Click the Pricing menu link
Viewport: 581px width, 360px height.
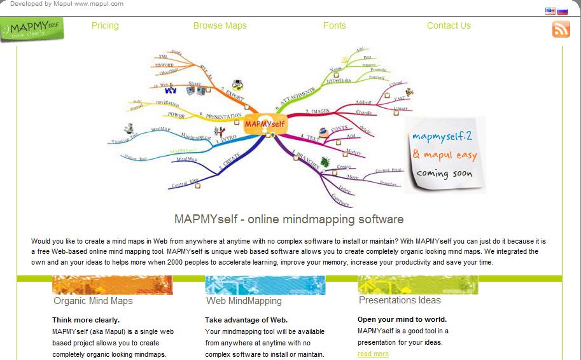point(105,25)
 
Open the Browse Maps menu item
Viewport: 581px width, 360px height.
point(220,25)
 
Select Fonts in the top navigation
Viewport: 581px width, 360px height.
point(334,25)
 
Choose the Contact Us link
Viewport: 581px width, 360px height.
point(449,25)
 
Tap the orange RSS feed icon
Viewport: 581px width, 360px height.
point(561,29)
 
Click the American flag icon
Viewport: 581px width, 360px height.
point(550,11)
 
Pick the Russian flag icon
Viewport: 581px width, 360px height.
point(563,11)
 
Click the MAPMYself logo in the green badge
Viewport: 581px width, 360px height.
point(32,29)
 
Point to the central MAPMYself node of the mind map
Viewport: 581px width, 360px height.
point(264,124)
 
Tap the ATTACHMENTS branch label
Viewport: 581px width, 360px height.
point(297,99)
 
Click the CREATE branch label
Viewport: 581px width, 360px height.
point(230,160)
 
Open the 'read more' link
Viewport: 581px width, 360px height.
point(373,354)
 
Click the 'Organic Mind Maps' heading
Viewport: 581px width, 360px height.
point(93,301)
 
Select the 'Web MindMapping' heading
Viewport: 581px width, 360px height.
point(244,301)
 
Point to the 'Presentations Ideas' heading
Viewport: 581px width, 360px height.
point(400,300)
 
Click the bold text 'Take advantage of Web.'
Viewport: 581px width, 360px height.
point(246,320)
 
